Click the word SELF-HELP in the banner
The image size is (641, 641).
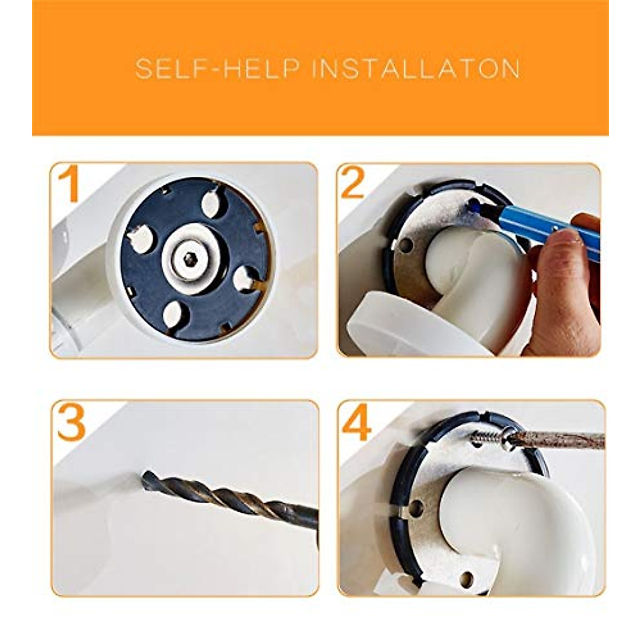[217, 68]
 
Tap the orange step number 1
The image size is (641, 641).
[69, 184]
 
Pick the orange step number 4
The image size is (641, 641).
[356, 423]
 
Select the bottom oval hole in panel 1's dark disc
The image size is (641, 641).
[174, 314]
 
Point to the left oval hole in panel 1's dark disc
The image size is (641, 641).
[142, 238]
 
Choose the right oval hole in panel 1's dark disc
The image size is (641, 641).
[245, 280]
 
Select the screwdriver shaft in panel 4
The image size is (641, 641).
[559, 440]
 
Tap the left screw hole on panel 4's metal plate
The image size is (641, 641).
[415, 518]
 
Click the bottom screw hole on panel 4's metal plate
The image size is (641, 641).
[466, 578]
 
